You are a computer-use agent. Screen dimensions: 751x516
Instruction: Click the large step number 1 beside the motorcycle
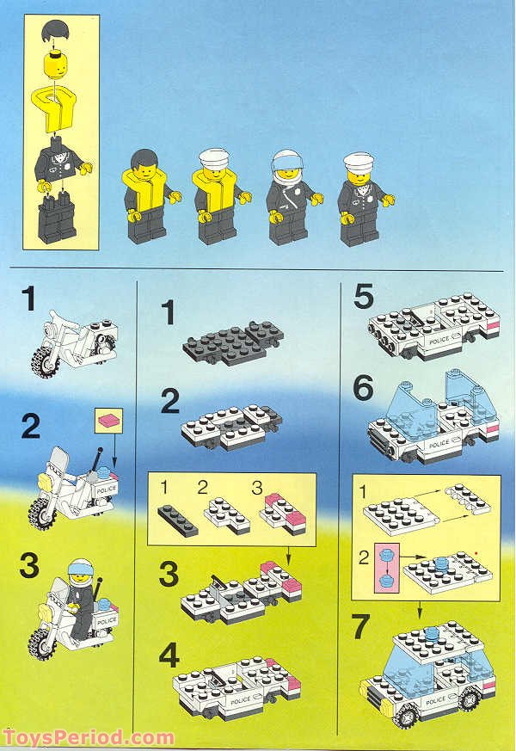pos(31,300)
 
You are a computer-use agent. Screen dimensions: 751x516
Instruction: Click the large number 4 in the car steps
pos(169,657)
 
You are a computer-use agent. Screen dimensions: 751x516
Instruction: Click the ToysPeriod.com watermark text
pos(89,737)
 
